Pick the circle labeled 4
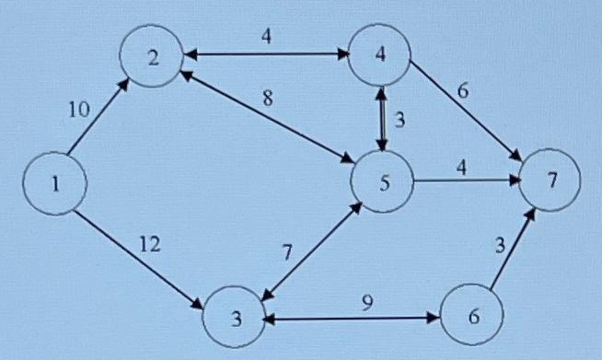click(380, 53)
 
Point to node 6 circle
click(473, 316)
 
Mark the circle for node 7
click(550, 180)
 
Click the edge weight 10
click(79, 110)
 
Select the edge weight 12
click(150, 244)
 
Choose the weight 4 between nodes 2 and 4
click(266, 38)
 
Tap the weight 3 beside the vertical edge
click(399, 119)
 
